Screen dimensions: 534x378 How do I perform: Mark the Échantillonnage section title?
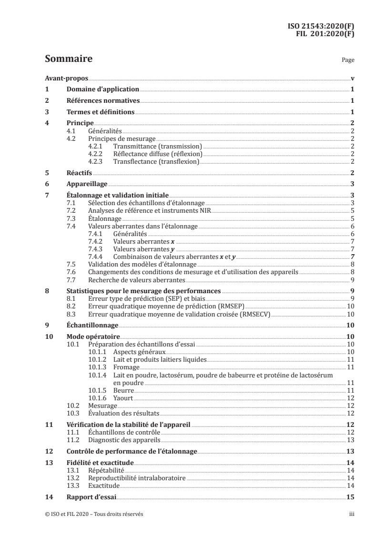pos(92,326)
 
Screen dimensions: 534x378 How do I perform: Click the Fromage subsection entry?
pos(126,367)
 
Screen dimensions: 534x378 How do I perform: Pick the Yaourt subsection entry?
pos(123,398)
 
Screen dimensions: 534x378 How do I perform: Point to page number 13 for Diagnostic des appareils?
pos(349,439)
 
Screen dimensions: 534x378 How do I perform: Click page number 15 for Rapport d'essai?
pos(349,496)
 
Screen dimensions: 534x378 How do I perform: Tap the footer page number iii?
pos(351,514)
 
